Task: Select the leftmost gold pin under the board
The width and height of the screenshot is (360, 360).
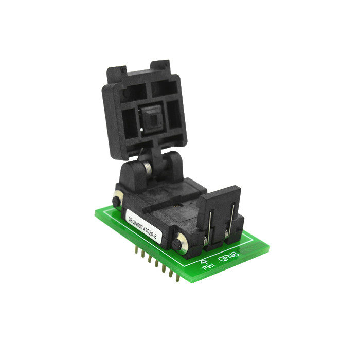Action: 136,251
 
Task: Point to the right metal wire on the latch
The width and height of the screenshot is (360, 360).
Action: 232,216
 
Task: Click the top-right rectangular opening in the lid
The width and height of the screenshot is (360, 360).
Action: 161,87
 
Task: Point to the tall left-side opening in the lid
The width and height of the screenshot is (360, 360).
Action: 122,124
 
